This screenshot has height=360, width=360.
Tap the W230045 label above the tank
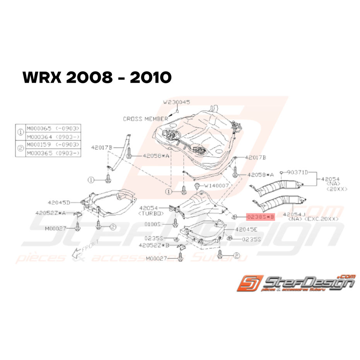pyautogui.click(x=177, y=102)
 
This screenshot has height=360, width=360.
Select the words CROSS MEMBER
pyautogui.click(x=145, y=119)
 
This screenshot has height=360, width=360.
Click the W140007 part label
pyautogui.click(x=218, y=186)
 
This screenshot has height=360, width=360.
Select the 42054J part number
pyautogui.click(x=295, y=214)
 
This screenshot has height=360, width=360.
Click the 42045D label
pyautogui.click(x=59, y=202)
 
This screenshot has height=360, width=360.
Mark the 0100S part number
pyautogui.click(x=162, y=224)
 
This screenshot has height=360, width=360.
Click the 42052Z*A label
pyautogui.click(x=51, y=213)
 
